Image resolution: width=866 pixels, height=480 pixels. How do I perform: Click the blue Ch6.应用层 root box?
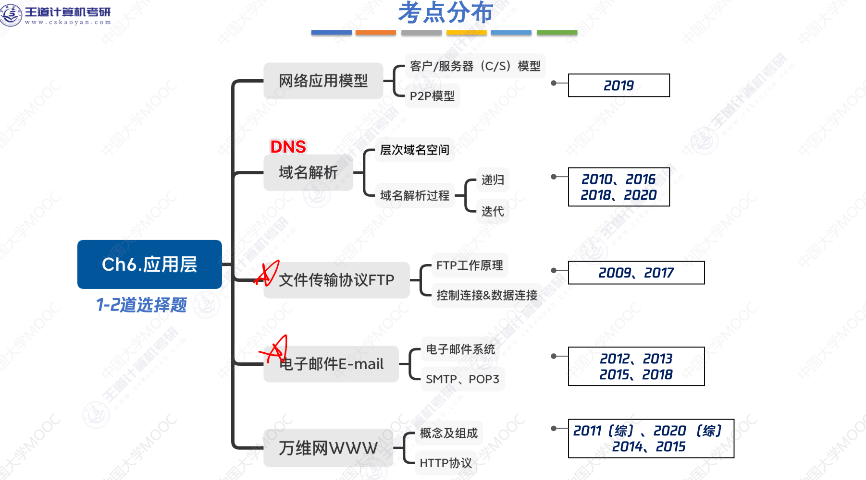149,264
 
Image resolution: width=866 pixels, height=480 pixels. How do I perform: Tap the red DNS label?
288,147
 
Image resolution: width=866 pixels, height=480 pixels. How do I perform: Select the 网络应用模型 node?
323,81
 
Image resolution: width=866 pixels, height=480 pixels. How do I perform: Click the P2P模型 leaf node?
432,96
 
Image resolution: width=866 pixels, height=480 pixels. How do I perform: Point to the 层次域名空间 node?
414,150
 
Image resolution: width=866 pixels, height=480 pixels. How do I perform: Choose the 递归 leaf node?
493,180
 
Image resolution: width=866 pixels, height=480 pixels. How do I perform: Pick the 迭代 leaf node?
493,211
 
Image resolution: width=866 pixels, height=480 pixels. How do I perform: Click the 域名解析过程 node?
414,195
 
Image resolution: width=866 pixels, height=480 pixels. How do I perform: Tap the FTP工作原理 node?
470,265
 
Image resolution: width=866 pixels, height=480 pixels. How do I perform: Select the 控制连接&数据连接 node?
486,295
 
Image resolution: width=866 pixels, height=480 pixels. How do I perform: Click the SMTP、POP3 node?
462,379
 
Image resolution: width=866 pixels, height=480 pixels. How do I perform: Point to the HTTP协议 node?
445,463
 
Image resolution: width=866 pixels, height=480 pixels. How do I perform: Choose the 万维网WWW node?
328,448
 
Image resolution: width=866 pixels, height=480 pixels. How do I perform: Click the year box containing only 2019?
619,85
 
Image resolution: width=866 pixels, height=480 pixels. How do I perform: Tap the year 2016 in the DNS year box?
641,180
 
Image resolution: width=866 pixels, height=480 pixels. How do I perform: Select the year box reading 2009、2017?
636,273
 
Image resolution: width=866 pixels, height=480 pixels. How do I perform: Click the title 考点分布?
445,12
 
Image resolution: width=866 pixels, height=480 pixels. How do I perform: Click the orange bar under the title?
375,33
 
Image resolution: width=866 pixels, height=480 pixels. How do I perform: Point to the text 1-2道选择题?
141,305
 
